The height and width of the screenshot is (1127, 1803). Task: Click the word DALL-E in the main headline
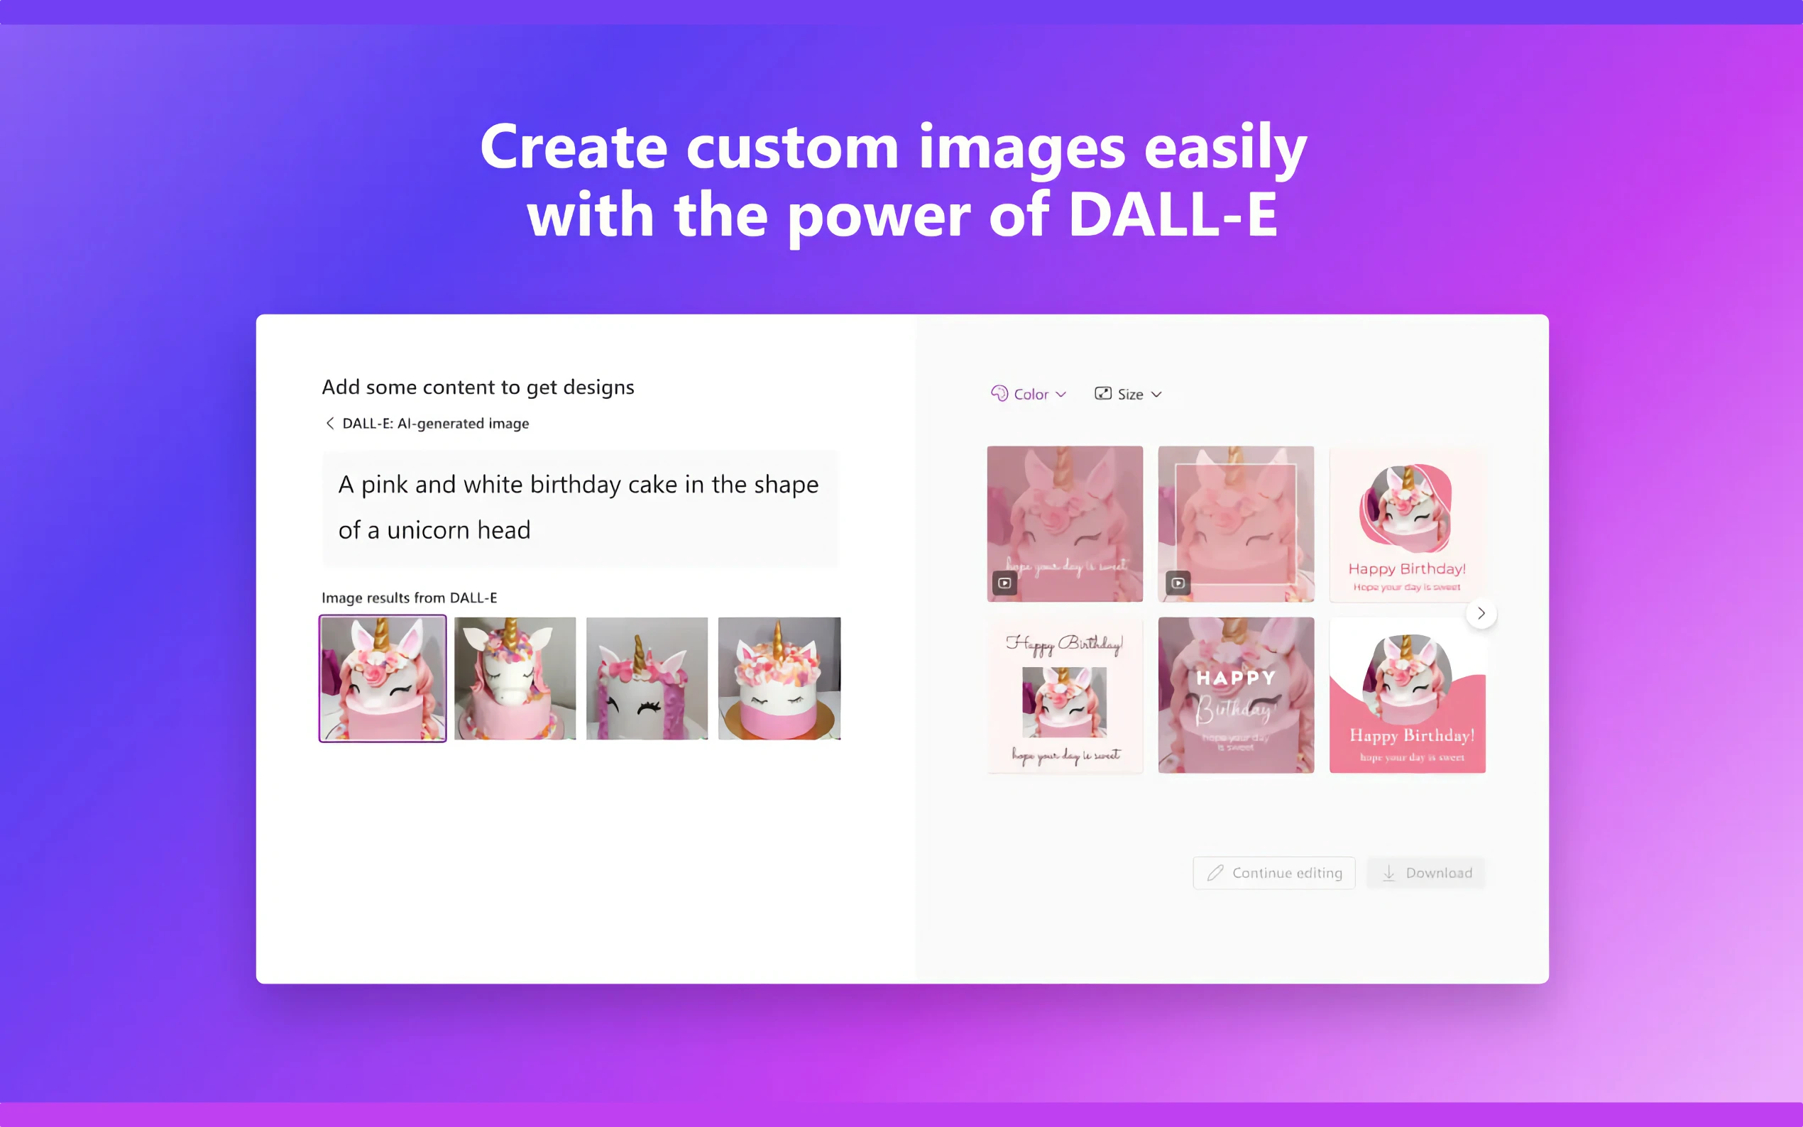click(x=1173, y=214)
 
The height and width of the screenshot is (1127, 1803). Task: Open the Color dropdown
click(x=1029, y=395)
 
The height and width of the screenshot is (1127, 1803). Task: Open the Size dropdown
click(x=1128, y=395)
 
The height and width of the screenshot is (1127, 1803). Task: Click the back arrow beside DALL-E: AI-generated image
click(x=329, y=424)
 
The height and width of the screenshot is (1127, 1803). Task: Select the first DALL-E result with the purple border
click(x=383, y=678)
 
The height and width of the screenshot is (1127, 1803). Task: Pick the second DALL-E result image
click(x=515, y=678)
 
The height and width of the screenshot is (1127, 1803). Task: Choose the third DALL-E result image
click(x=647, y=678)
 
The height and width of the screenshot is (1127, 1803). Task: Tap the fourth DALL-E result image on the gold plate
click(x=779, y=678)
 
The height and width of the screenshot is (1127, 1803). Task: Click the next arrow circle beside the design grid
click(x=1481, y=613)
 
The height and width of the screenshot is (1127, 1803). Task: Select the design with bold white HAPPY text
click(x=1236, y=695)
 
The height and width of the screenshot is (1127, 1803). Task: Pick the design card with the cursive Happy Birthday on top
click(x=1064, y=695)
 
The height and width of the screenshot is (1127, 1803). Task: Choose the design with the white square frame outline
click(x=1236, y=523)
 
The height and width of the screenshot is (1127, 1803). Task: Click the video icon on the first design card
click(x=1004, y=583)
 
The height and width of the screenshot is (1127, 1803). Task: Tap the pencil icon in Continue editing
click(x=1215, y=873)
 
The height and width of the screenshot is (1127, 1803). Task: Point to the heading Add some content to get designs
click(x=478, y=387)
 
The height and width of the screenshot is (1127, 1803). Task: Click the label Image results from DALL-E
click(x=409, y=598)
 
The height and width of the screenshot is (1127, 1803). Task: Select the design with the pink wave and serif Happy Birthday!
click(x=1407, y=695)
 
